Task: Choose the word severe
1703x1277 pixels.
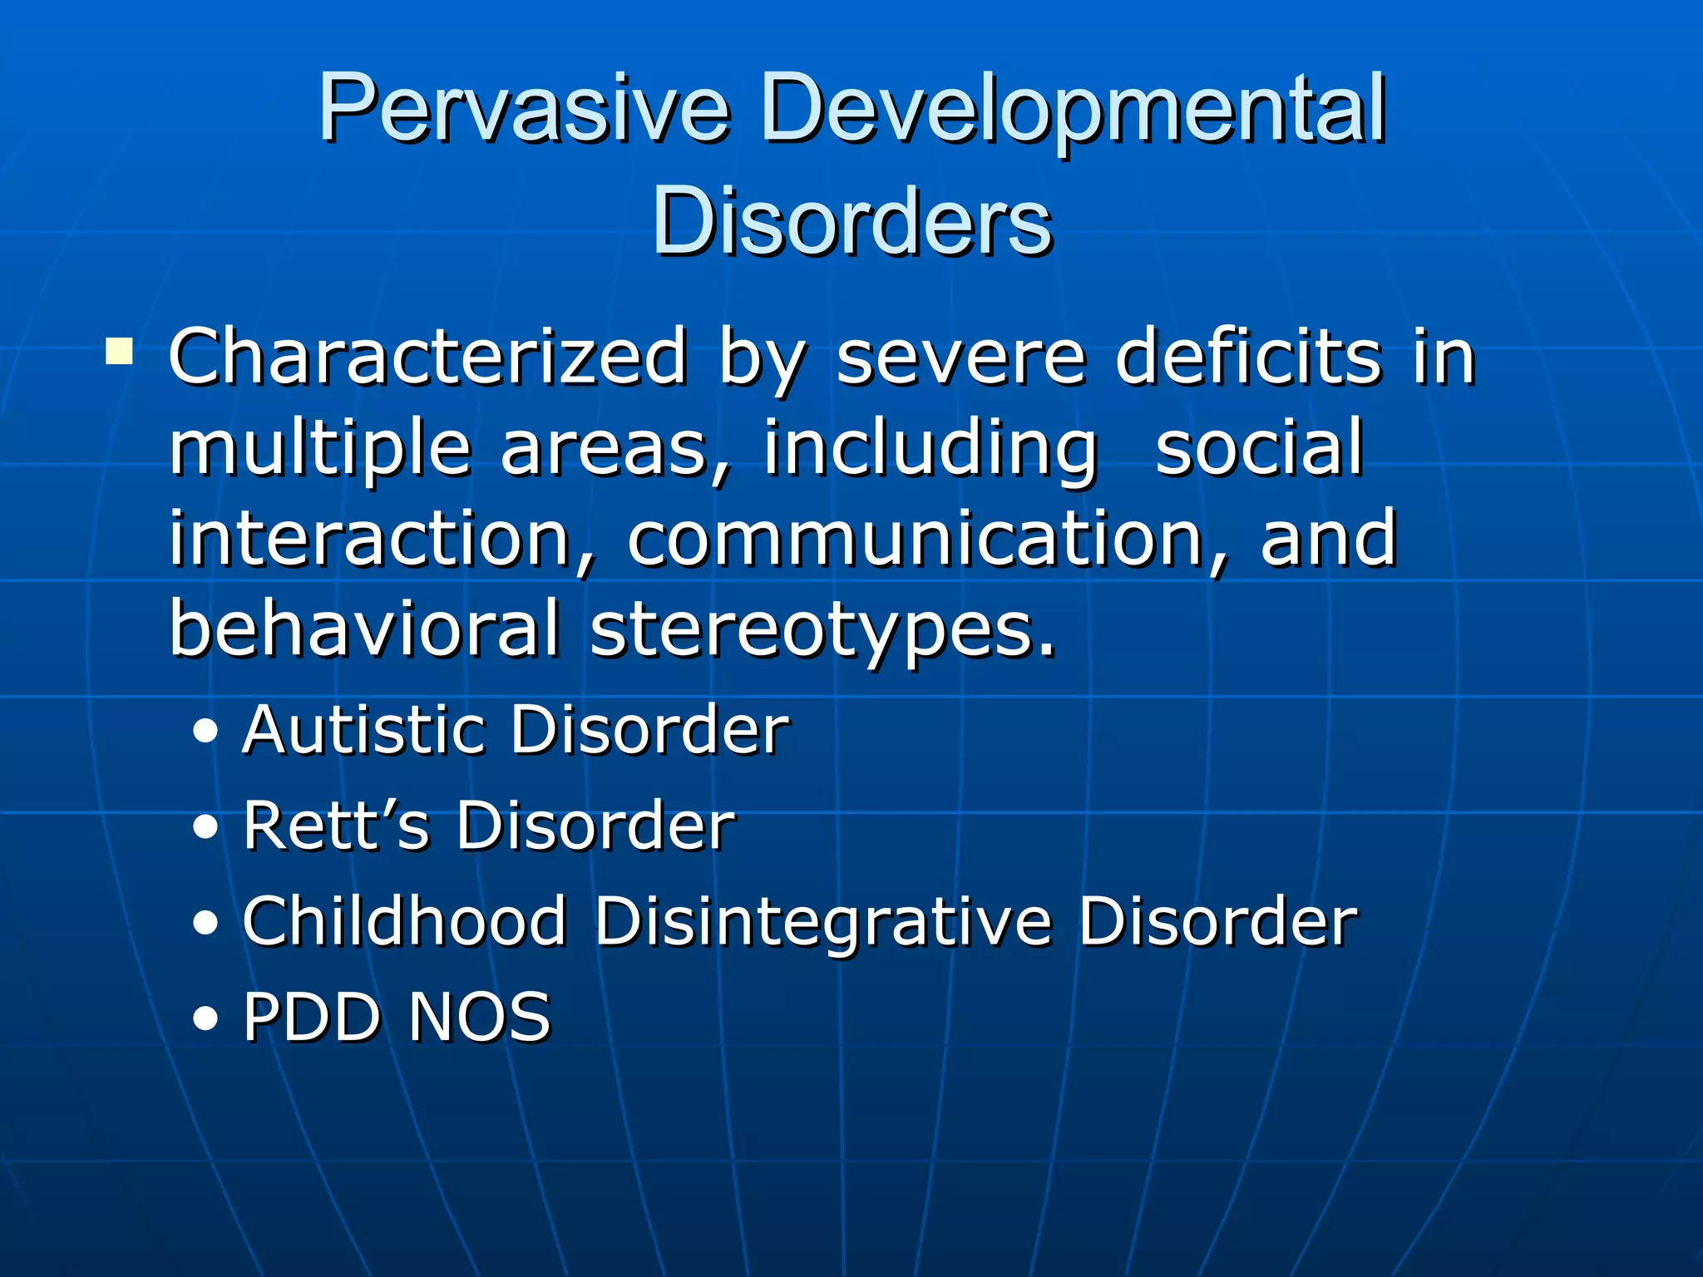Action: (961, 357)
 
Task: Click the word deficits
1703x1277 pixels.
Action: (1248, 357)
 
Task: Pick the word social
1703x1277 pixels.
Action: (1259, 449)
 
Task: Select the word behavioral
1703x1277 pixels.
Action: (364, 629)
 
